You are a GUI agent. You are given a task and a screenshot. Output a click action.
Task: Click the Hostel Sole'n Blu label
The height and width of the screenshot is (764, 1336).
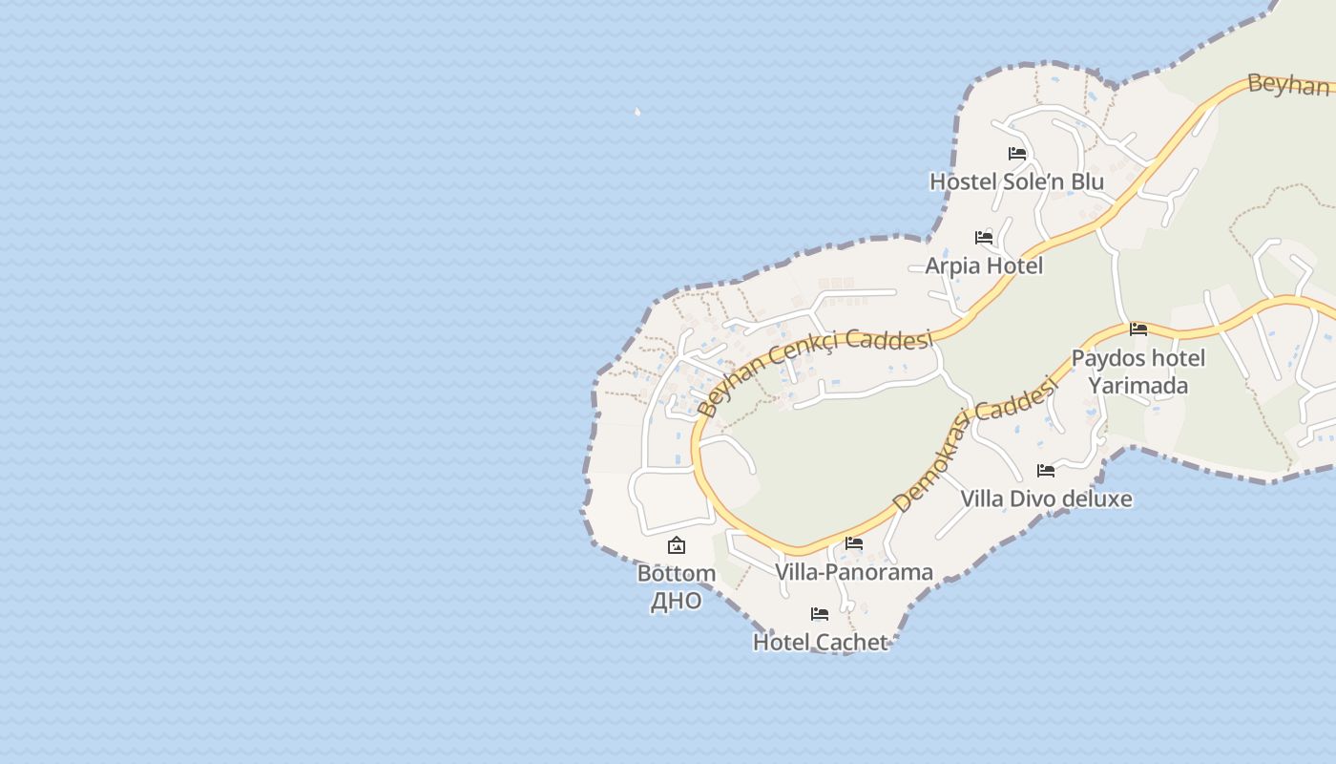click(1016, 181)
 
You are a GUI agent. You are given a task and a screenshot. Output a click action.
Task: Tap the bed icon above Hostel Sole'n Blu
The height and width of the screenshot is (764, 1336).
click(1017, 153)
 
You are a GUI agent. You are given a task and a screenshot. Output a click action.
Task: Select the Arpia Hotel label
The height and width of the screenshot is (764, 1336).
click(984, 265)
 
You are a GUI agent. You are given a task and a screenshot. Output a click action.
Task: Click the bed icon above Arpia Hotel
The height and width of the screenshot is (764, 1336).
click(984, 237)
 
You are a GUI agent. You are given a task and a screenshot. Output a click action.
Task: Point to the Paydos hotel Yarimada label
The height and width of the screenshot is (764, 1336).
click(1138, 371)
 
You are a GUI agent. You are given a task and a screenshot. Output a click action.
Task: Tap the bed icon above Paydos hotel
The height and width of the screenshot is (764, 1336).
click(1138, 329)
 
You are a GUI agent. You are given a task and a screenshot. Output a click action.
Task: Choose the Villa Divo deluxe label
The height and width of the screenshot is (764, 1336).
click(1046, 499)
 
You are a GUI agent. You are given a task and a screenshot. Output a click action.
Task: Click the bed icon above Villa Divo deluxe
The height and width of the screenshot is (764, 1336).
click(1046, 470)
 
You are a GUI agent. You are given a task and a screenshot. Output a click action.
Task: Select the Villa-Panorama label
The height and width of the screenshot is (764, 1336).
click(854, 572)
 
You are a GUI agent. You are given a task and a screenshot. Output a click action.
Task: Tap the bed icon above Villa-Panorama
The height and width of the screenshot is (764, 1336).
click(854, 543)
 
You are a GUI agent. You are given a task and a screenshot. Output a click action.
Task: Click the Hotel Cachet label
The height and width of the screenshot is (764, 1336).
click(821, 642)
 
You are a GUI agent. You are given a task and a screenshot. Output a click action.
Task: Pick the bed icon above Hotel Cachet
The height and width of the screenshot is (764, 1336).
click(820, 613)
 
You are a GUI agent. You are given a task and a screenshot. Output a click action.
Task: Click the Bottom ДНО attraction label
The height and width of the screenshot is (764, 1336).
click(677, 586)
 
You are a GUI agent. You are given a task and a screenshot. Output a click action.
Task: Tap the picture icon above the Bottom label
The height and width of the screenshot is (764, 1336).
click(677, 545)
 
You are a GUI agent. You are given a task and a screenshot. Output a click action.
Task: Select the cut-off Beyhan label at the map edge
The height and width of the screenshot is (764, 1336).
click(1288, 84)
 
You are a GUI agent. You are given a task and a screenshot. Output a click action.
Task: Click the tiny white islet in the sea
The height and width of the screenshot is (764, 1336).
click(637, 112)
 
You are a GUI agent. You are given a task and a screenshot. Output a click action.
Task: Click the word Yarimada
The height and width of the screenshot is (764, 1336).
click(1138, 386)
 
